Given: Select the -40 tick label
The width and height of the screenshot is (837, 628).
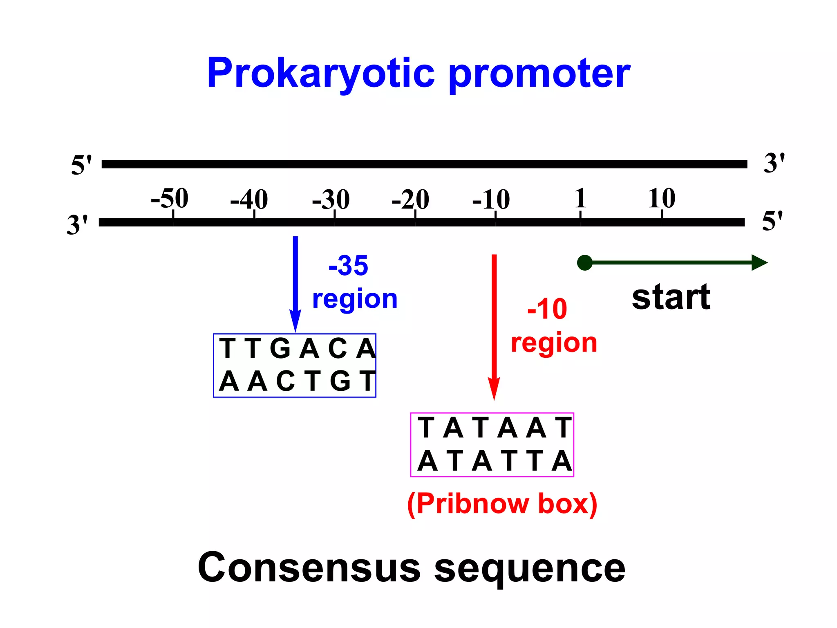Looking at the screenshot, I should click(x=249, y=200).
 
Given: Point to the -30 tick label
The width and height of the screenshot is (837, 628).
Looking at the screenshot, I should click(x=331, y=200).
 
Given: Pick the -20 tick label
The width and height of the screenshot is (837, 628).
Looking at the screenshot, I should click(x=410, y=200).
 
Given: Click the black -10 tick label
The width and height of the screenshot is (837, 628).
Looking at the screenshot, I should click(x=491, y=200).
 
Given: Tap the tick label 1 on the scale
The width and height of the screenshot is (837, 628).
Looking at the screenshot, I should click(x=580, y=198).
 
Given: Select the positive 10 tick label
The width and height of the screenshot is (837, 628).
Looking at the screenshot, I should click(x=661, y=198).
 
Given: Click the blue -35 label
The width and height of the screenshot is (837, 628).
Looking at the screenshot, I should click(x=348, y=266).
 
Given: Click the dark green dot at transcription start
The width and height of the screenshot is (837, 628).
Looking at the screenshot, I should click(x=585, y=262).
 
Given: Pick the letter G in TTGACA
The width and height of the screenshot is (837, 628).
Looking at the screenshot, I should click(x=280, y=349).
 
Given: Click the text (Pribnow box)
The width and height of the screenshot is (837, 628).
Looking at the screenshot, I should click(x=502, y=504).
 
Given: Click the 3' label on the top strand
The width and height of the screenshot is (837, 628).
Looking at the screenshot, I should click(x=774, y=163).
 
